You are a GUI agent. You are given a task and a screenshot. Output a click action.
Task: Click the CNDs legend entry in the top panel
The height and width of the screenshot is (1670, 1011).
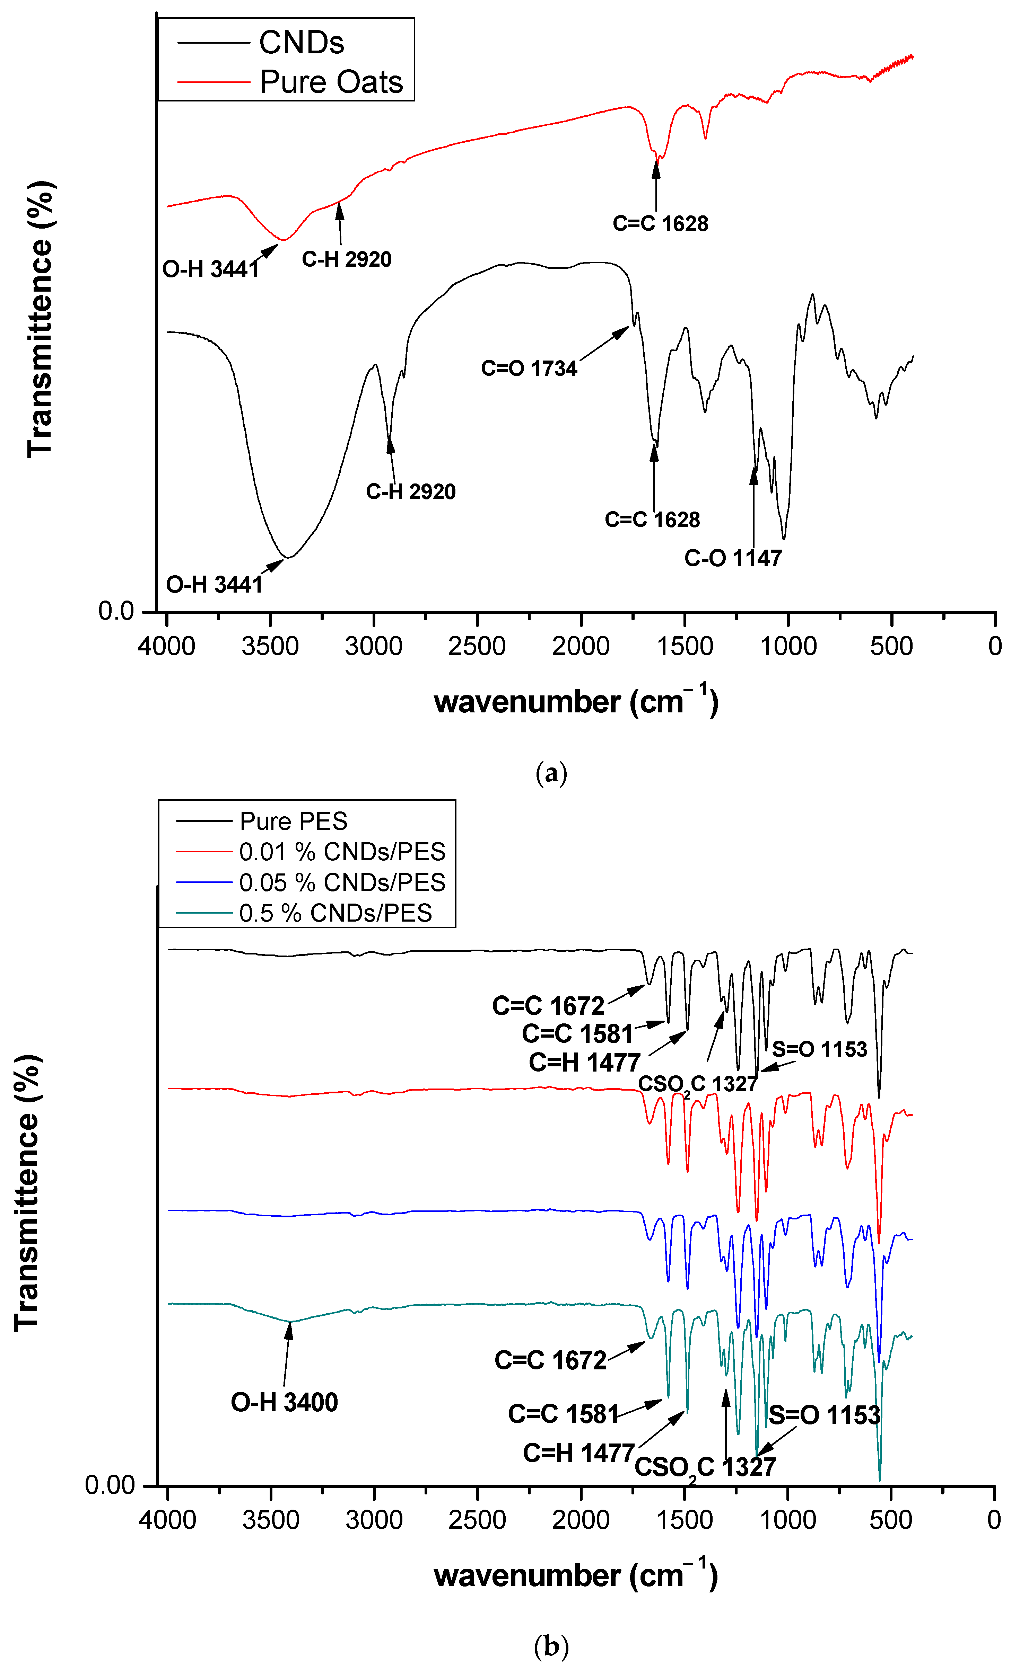pyautogui.click(x=301, y=43)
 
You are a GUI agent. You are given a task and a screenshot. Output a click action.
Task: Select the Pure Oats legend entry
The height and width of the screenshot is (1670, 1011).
pyautogui.click(x=331, y=82)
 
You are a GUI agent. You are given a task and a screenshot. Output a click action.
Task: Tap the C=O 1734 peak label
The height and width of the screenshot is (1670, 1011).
pyautogui.click(x=529, y=368)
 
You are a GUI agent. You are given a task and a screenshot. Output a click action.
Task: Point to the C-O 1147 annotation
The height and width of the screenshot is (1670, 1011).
pyautogui.click(x=733, y=558)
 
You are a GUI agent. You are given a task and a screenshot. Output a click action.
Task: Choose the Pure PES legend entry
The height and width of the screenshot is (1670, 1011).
pyautogui.click(x=293, y=821)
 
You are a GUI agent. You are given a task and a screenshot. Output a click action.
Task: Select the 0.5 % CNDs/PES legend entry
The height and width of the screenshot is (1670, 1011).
pyautogui.click(x=335, y=913)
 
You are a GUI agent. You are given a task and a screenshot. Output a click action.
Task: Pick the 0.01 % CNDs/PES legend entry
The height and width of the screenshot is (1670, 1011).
pyautogui.click(x=342, y=851)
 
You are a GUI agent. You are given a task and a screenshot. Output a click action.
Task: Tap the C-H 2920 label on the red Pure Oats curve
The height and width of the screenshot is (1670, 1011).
pyautogui.click(x=347, y=259)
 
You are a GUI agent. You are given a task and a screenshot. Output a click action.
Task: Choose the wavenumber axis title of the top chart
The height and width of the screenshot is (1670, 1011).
pyautogui.click(x=576, y=701)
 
